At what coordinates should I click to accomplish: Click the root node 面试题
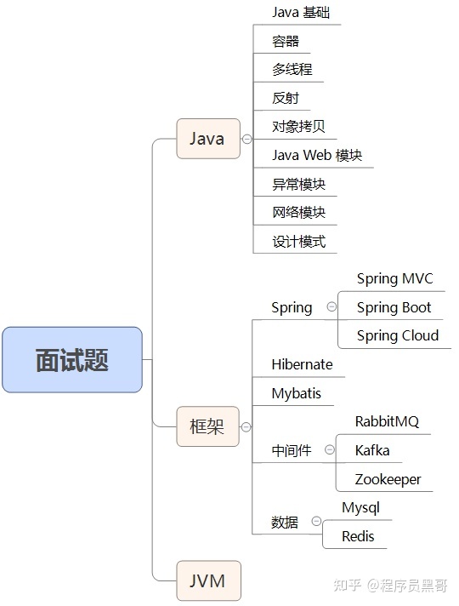click(72, 360)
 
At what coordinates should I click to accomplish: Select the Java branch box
click(207, 139)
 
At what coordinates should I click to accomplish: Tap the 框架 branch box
click(207, 426)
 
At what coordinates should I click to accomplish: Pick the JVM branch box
click(207, 581)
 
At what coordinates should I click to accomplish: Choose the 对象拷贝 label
click(298, 127)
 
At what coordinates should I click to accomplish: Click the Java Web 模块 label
click(316, 155)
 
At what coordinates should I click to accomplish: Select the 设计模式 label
click(298, 241)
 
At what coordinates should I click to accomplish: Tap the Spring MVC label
click(394, 278)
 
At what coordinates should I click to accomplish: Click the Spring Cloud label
click(397, 335)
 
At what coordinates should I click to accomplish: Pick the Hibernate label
click(302, 364)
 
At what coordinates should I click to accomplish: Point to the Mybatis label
click(296, 393)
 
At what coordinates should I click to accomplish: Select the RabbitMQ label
click(387, 421)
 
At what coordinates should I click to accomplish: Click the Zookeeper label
click(388, 479)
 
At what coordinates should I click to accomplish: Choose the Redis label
click(358, 536)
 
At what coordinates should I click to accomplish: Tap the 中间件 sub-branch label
click(292, 450)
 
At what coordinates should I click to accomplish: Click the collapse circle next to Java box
click(246, 139)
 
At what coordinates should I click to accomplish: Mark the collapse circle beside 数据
click(316, 521)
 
